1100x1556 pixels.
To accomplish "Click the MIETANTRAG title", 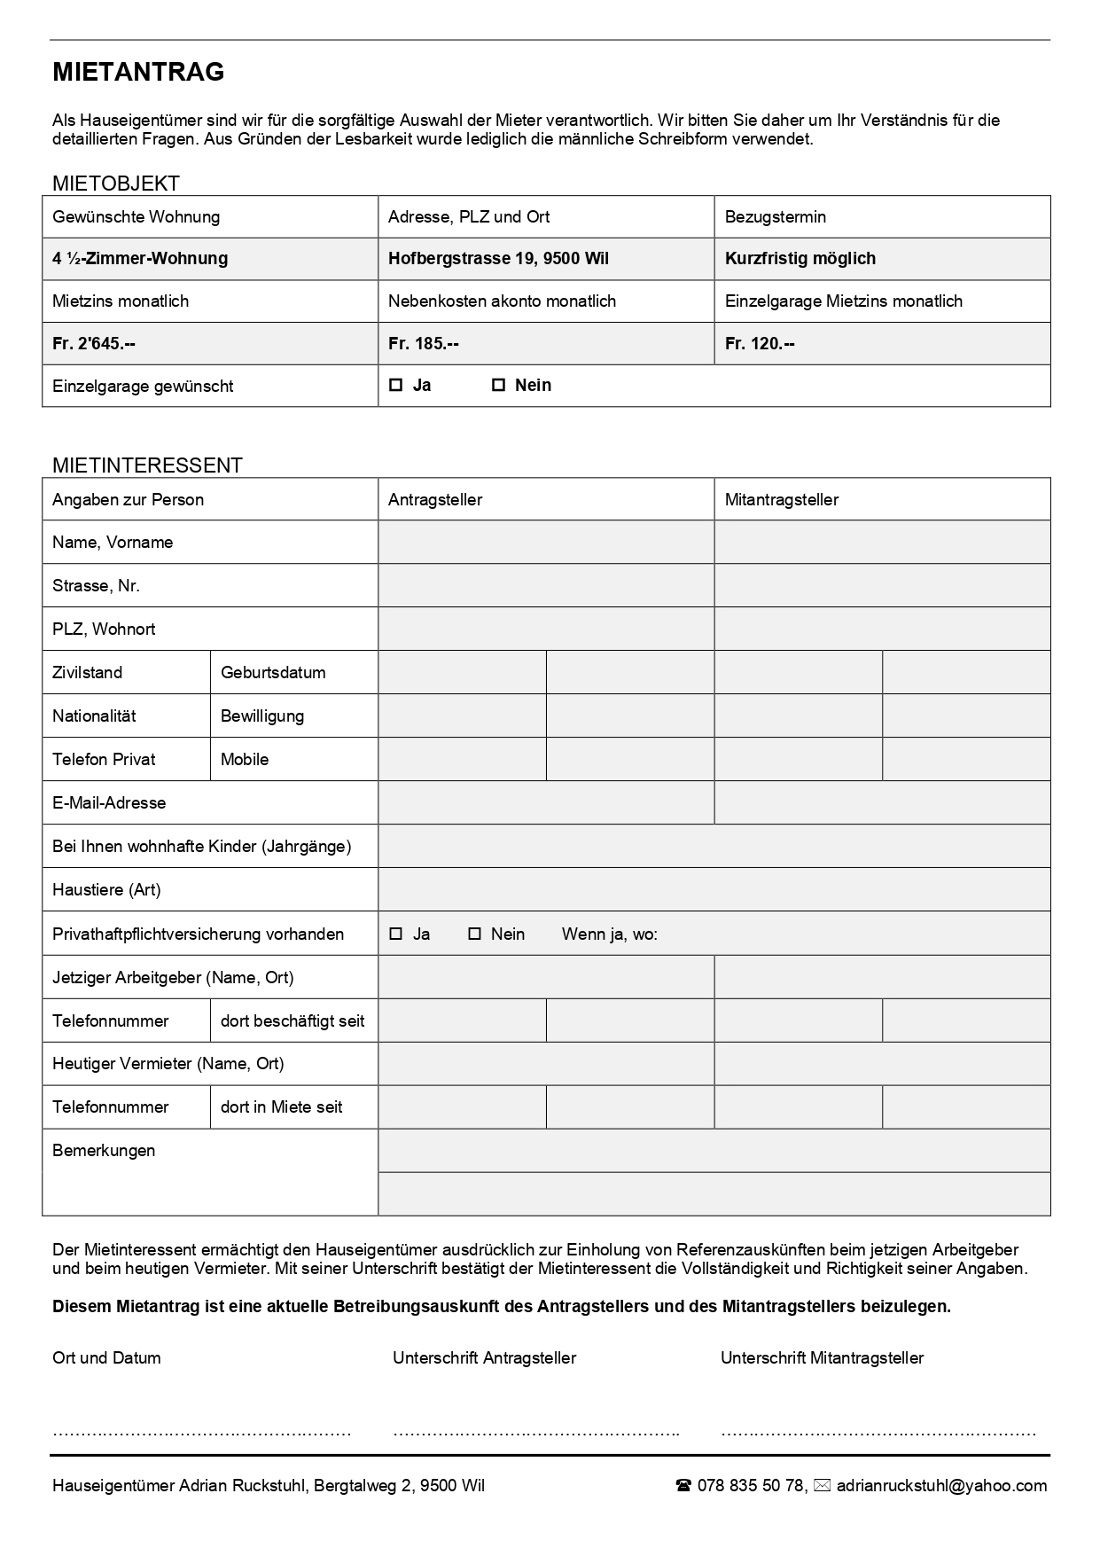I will [138, 73].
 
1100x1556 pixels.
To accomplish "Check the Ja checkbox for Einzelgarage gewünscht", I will [396, 385].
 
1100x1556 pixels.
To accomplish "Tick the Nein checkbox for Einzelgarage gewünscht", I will [498, 385].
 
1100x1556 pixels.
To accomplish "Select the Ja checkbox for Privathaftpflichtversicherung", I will [396, 934].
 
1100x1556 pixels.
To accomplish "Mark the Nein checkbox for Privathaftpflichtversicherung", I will [474, 934].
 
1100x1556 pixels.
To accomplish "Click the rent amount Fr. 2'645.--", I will [94, 343].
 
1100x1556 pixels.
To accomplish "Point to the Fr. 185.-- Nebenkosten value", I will [424, 343].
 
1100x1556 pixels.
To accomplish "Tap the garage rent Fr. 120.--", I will [760, 343].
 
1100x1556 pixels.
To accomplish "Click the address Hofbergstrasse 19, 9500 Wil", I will [498, 259].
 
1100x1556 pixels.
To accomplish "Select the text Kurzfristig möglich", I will [800, 259].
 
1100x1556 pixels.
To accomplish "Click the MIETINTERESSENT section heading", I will [147, 465].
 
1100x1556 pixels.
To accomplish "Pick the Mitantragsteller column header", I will [781, 500].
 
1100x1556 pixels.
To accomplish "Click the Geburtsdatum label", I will [273, 673].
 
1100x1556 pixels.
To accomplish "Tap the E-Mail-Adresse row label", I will [109, 803].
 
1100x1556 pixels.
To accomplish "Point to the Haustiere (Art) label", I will [106, 890].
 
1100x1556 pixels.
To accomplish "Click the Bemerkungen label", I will [104, 1151].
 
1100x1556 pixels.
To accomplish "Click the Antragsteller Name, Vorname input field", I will [546, 543].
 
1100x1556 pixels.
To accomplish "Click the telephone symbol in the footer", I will [683, 1486].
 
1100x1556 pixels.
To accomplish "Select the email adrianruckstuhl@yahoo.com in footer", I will [941, 1486].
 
